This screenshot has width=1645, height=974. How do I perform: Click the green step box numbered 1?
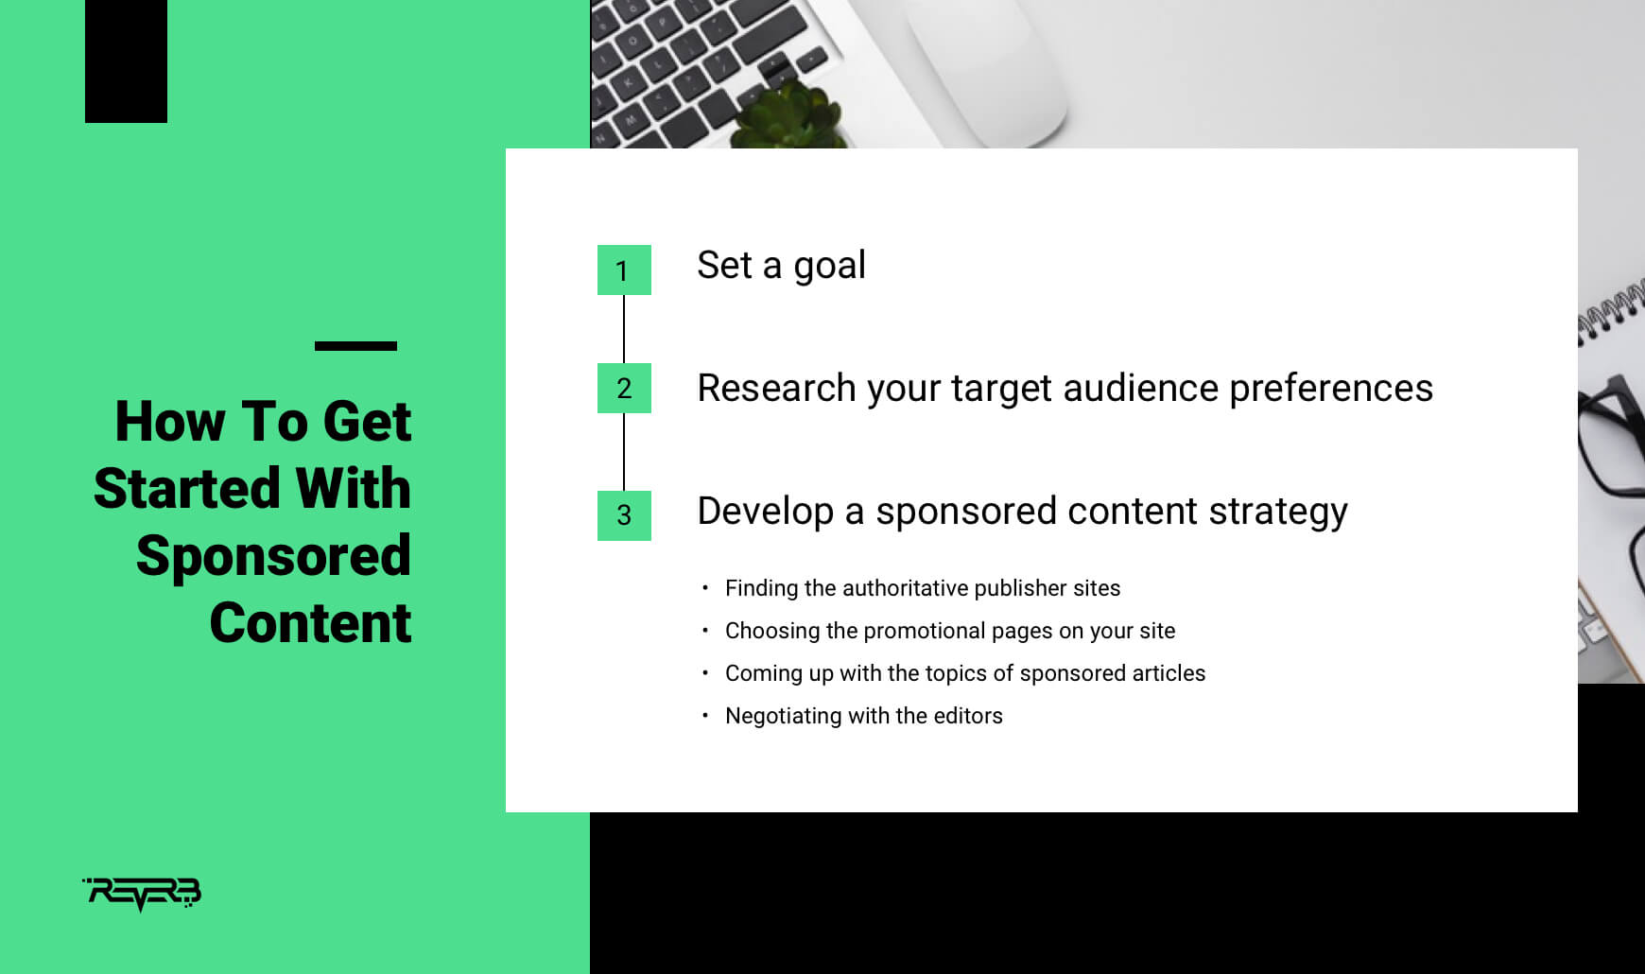624,270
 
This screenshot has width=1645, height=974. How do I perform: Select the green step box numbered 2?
624,388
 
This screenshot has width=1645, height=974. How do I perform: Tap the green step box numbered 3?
624,515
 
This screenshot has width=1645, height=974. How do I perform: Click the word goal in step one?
829,268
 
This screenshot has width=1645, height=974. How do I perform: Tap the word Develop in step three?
766,513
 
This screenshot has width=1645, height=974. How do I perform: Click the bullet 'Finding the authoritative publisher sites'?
923,588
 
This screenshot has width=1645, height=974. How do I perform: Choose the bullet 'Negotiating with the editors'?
864,716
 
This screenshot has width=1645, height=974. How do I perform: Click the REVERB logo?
142,894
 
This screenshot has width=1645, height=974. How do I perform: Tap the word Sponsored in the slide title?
273,556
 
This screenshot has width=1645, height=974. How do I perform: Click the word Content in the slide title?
310,622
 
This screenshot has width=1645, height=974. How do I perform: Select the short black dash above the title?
355,346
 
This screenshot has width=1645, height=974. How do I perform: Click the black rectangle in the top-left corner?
126,61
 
